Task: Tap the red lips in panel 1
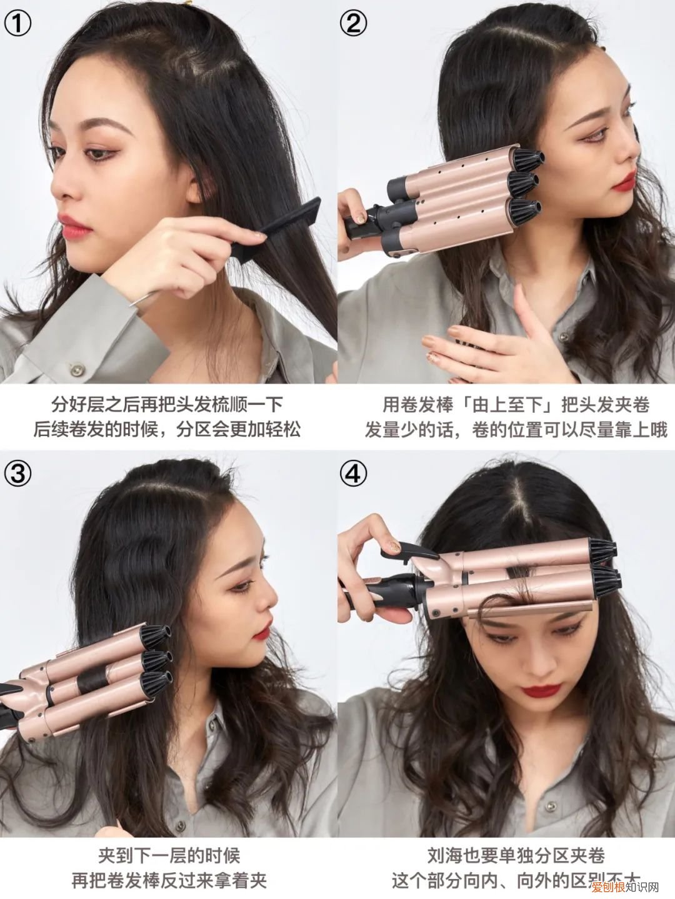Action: (74, 226)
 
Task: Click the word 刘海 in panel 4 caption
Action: (446, 855)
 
